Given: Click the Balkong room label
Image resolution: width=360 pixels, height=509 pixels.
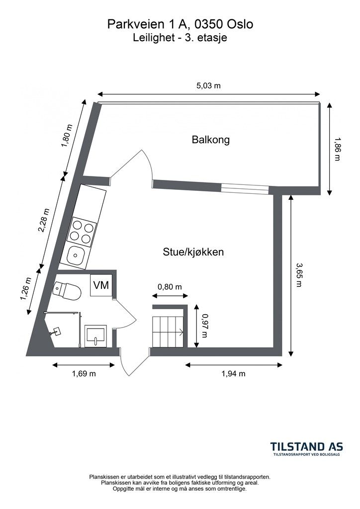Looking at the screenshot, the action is click(211, 140).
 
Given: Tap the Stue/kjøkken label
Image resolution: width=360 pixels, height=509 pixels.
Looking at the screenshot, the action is click(193, 252).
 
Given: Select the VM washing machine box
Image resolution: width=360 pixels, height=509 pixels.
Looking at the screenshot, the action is click(101, 285).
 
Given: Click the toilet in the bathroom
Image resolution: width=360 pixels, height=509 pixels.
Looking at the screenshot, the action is click(67, 290).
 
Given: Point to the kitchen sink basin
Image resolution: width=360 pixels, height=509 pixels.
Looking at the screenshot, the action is click(77, 254).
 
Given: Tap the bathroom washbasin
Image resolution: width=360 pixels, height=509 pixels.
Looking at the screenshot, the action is click(95, 336).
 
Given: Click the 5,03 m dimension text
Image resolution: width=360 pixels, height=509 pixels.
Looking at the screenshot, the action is click(208, 85).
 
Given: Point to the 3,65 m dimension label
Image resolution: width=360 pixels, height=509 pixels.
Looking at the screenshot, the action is click(299, 275).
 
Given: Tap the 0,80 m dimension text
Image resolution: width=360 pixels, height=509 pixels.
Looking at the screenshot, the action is click(170, 287).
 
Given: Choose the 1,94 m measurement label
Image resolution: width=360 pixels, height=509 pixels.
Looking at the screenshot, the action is click(233, 374).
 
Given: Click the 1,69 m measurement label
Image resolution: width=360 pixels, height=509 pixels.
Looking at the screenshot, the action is click(84, 374).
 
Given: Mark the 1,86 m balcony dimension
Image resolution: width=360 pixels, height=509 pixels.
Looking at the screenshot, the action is click(337, 149).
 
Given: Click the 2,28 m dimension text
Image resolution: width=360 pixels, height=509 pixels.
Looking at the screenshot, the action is click(44, 221).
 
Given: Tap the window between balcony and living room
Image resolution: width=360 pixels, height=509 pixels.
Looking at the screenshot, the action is click(246, 189).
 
